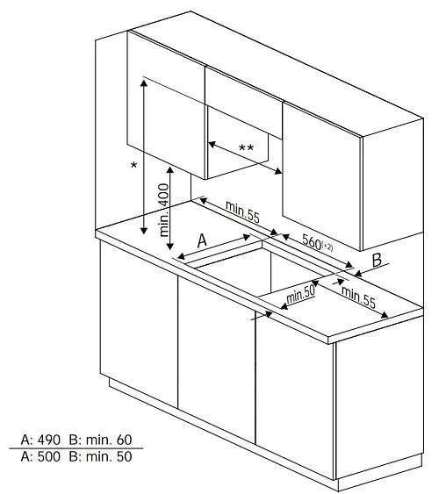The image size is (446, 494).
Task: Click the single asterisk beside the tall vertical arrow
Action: (x=133, y=164)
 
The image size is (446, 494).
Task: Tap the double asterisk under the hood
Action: (x=246, y=147)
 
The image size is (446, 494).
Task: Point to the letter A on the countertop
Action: (x=201, y=239)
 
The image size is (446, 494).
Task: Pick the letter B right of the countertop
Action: (x=376, y=260)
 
